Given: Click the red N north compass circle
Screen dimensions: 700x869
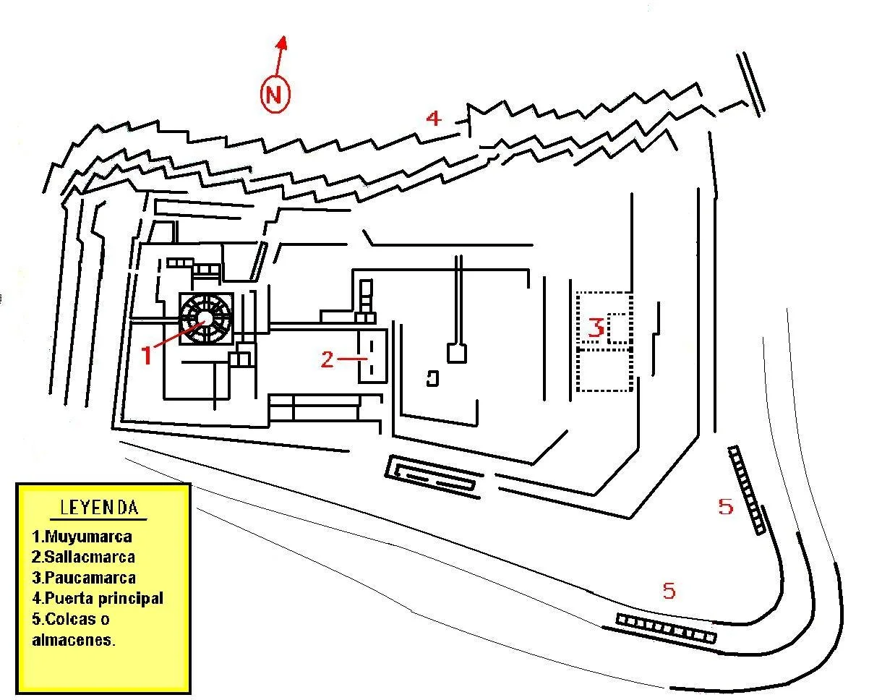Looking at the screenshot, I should click(x=275, y=94).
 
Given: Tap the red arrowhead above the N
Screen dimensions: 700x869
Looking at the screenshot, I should click(x=283, y=42).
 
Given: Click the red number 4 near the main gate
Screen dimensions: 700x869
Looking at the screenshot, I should click(x=434, y=118).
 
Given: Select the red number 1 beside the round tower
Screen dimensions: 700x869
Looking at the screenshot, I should click(x=147, y=355).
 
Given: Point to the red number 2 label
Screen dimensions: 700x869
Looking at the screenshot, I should click(x=328, y=359).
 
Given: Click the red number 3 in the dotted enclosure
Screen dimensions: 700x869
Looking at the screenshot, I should click(x=596, y=328).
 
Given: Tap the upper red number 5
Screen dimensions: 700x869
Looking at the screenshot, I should click(x=725, y=507).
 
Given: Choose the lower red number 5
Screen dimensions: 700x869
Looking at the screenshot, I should click(x=669, y=591).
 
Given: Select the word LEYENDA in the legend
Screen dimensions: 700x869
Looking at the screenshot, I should click(x=99, y=508).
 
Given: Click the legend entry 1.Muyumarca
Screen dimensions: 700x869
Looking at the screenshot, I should click(x=82, y=537).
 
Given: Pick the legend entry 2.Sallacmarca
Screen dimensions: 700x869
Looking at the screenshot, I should click(x=83, y=558).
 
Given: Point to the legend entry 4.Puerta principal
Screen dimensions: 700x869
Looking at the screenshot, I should click(x=98, y=599).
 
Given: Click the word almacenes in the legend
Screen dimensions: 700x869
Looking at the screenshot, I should click(x=73, y=640).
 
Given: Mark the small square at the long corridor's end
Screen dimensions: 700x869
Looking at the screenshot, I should click(x=457, y=354).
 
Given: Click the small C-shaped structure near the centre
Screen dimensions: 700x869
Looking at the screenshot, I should click(x=433, y=379).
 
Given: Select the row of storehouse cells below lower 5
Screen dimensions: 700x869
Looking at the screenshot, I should click(x=666, y=628).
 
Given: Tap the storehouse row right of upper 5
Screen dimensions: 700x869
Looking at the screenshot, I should click(x=747, y=490).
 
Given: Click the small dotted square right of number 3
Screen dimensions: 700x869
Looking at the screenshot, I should click(x=619, y=328).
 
